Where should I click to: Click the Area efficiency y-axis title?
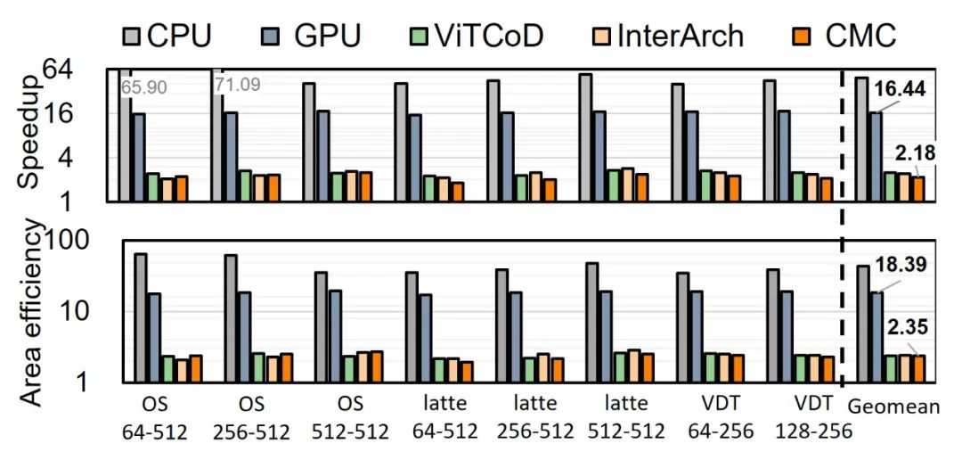click(30, 314)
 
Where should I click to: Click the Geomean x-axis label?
click(893, 407)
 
